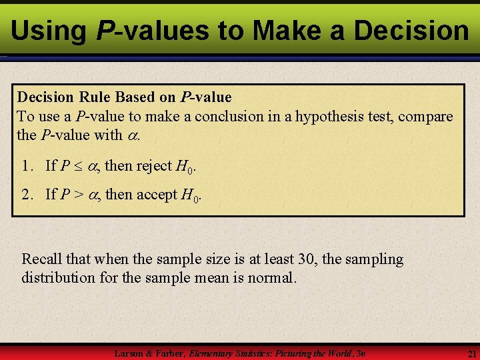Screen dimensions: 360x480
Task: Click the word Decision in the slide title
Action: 411,30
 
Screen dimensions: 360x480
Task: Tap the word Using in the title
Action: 49,30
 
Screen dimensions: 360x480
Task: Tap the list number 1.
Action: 27,166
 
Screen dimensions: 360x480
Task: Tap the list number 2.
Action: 27,195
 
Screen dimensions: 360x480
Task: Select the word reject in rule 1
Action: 154,166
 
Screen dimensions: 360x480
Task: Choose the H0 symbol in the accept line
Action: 190,195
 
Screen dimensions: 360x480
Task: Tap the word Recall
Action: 42,259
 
